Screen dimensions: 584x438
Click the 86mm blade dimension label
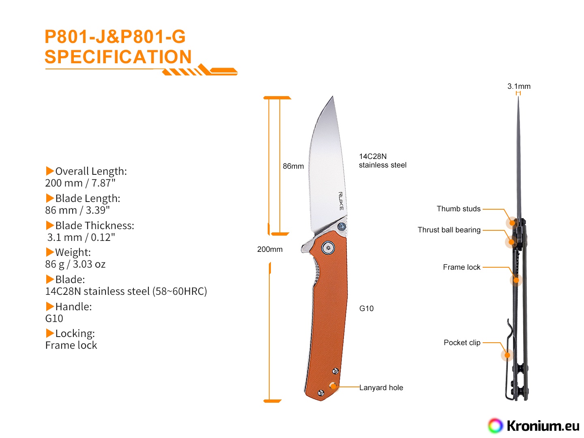pyautogui.click(x=293, y=166)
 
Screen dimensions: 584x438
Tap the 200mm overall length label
pyautogui.click(x=270, y=249)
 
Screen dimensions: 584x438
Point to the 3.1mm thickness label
pyautogui.click(x=519, y=86)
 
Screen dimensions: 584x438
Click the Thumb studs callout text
pyautogui.click(x=458, y=209)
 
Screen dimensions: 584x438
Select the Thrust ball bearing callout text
pyautogui.click(x=449, y=230)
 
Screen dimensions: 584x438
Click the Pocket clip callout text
pyautogui.click(x=462, y=343)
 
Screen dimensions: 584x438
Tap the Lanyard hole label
pyautogui.click(x=381, y=387)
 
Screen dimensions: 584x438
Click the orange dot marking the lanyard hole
pyautogui.click(x=333, y=386)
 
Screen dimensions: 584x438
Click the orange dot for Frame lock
pyautogui.click(x=515, y=280)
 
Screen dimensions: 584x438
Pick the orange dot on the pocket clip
pyautogui.click(x=507, y=355)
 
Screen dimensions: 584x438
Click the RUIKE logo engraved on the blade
pyautogui.click(x=341, y=201)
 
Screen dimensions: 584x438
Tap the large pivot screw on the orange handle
pyautogui.click(x=328, y=248)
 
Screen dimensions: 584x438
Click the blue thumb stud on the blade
pyautogui.click(x=342, y=227)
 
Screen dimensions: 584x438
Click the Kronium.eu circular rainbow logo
pyautogui.click(x=495, y=426)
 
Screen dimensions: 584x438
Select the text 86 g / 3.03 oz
pyautogui.click(x=75, y=264)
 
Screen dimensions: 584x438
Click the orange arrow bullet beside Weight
pyautogui.click(x=50, y=252)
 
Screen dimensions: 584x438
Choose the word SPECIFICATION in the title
pyautogui.click(x=118, y=57)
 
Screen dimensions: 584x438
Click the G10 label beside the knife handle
pyautogui.click(x=366, y=309)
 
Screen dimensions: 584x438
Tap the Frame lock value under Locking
pyautogui.click(x=71, y=345)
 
